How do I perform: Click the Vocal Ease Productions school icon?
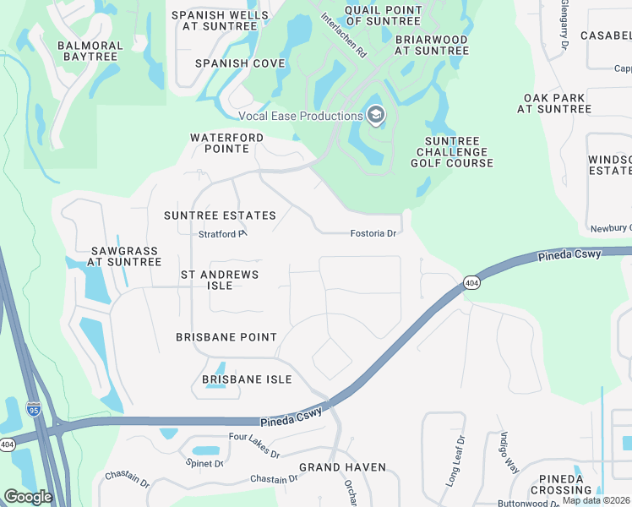pyautogui.click(x=375, y=116)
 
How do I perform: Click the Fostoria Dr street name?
pyautogui.click(x=373, y=233)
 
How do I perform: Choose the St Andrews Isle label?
pyautogui.click(x=220, y=280)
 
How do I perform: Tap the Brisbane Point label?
pyautogui.click(x=226, y=337)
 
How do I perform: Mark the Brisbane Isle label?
pyautogui.click(x=247, y=379)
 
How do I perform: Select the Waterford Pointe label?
pyautogui.click(x=226, y=143)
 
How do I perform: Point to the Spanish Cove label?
pyautogui.click(x=234, y=63)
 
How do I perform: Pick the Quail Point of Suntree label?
pyautogui.click(x=383, y=15)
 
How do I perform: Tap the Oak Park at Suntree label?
pyautogui.click(x=554, y=104)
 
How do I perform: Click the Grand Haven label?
pyautogui.click(x=342, y=467)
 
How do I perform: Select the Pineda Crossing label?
pyautogui.click(x=561, y=484)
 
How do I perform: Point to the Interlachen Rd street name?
pyautogui.click(x=344, y=34)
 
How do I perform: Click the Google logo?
pyautogui.click(x=29, y=496)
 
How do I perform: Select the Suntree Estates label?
pyautogui.click(x=220, y=215)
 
